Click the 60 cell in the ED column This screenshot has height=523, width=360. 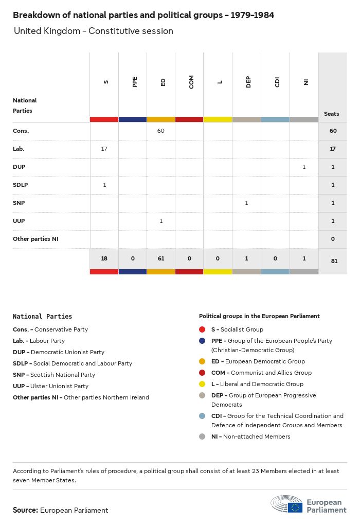(x=161, y=131)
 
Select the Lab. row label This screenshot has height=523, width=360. (x=19, y=149)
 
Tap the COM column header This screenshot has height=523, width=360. (x=191, y=82)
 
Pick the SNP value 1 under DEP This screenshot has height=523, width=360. (x=246, y=203)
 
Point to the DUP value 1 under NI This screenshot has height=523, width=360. (x=304, y=167)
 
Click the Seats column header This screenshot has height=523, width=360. (x=332, y=114)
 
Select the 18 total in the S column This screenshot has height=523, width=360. (x=104, y=259)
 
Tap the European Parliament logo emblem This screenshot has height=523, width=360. (x=287, y=504)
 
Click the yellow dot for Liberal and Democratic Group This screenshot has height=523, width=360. (x=202, y=384)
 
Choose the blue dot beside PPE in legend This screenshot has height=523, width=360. (x=202, y=341)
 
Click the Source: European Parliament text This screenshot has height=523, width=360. (x=61, y=510)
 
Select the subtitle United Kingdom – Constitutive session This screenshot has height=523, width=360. (x=94, y=31)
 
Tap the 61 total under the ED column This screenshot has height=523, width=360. (x=161, y=259)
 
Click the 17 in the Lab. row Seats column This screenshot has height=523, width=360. (x=333, y=149)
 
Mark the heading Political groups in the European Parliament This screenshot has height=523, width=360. (x=259, y=316)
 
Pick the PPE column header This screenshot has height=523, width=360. (x=135, y=82)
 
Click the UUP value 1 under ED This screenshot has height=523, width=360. (x=161, y=221)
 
